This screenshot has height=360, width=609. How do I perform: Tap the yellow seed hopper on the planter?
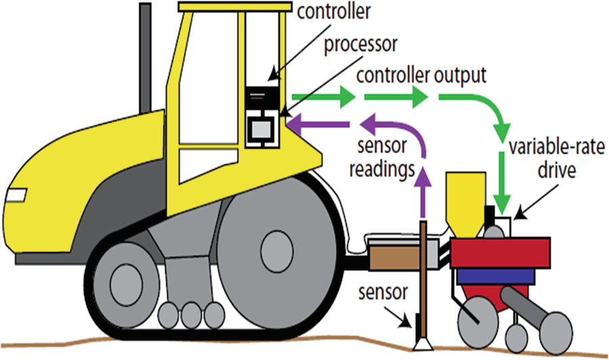464,200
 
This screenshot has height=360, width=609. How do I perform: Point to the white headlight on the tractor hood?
16,196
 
